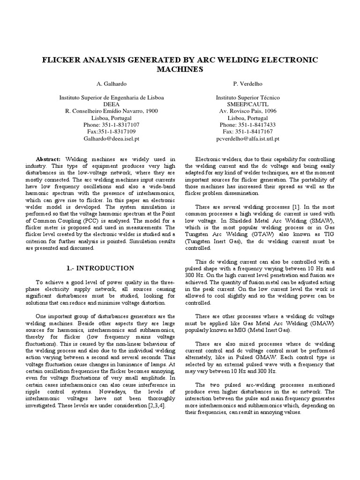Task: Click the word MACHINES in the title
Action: pyautogui.click(x=180, y=69)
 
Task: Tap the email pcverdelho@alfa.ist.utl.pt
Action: pyautogui.click(x=248, y=139)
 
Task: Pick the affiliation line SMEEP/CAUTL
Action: pyautogui.click(x=248, y=104)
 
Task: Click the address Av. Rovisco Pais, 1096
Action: pyautogui.click(x=248, y=111)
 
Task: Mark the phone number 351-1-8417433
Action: pyautogui.click(x=257, y=125)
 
